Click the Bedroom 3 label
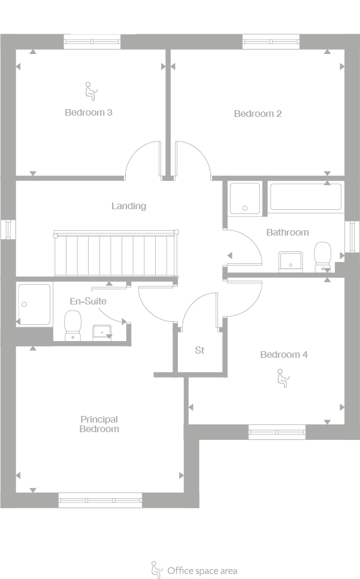(x=89, y=112)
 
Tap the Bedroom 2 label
(x=258, y=113)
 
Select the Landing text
(x=129, y=206)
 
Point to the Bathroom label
(x=288, y=232)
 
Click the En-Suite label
(x=88, y=301)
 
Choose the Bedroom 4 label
(x=284, y=354)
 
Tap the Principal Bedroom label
(x=99, y=424)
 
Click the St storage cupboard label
(x=199, y=350)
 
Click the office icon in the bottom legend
(x=156, y=569)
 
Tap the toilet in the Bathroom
(x=323, y=257)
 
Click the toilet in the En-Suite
(x=73, y=325)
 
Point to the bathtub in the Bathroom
(x=305, y=197)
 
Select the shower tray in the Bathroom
(x=245, y=198)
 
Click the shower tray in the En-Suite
(x=34, y=304)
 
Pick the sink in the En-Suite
(x=102, y=331)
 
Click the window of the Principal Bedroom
(x=100, y=499)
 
